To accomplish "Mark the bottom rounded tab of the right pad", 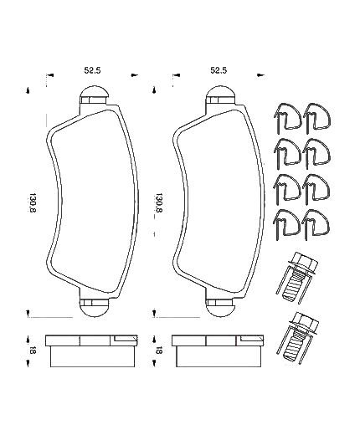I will (219, 306).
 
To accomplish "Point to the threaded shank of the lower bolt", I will (295, 350).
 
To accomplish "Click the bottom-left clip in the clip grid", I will (285, 222).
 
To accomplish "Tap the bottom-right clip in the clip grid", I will (316, 222).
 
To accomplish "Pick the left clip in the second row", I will (285, 153).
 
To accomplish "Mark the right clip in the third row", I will (316, 187).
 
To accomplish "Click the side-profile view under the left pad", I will (92, 351).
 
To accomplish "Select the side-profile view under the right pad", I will (219, 351).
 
